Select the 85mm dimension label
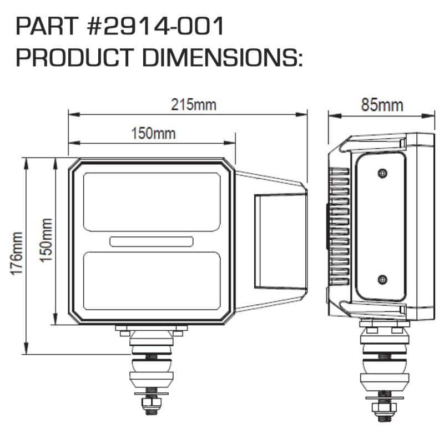click(x=382, y=105)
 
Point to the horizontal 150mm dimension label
click(x=153, y=133)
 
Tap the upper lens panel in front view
click(x=152, y=201)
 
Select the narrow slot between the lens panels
click(x=152, y=241)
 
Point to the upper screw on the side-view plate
click(x=381, y=174)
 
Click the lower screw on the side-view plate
click(x=381, y=278)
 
